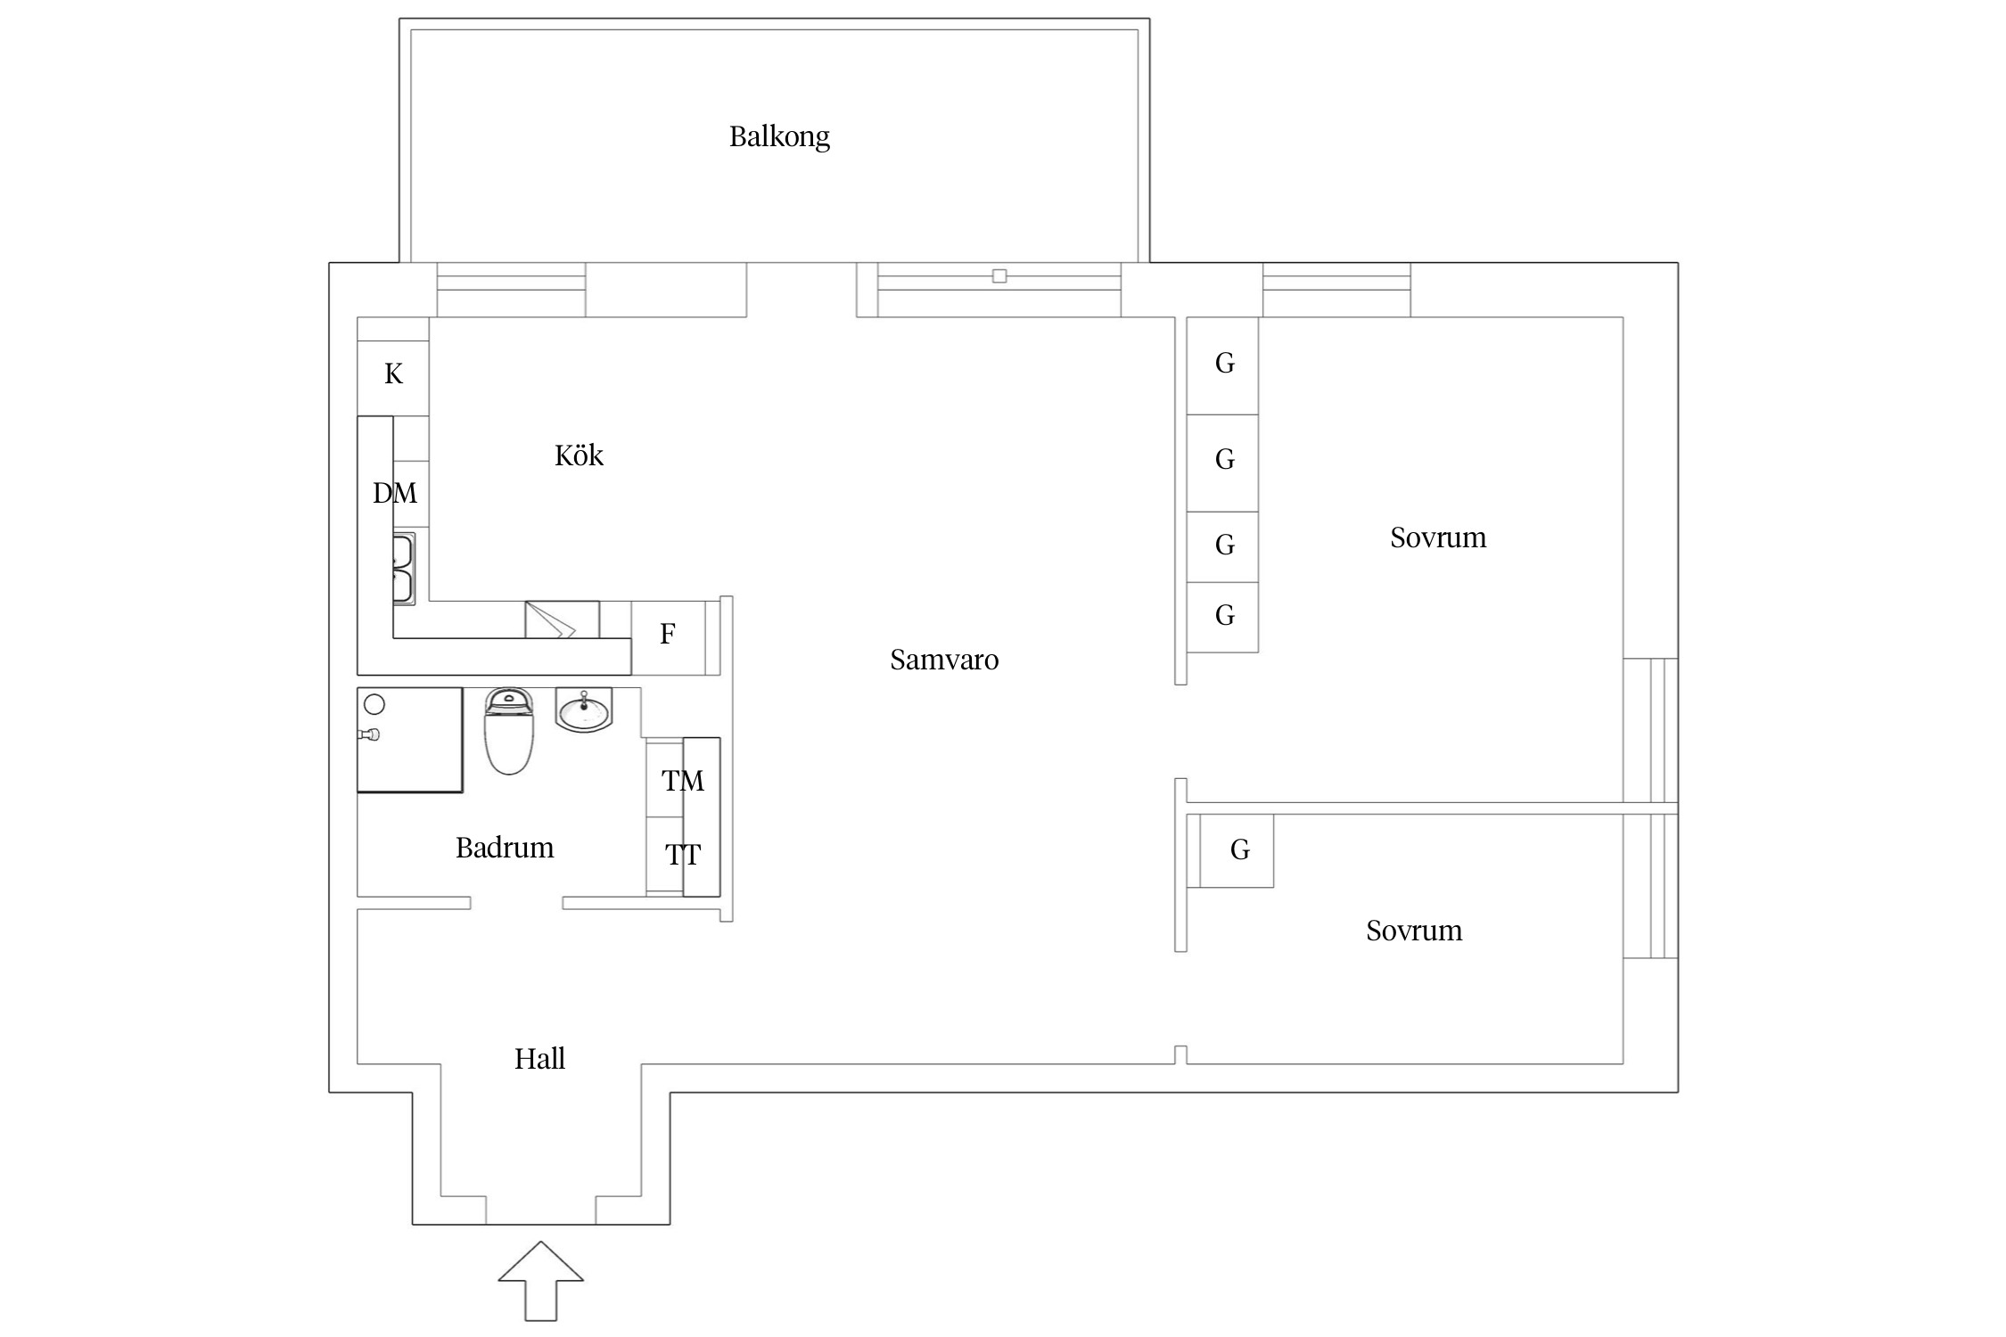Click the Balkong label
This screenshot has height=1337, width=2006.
point(779,136)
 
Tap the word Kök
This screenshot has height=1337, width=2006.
point(579,455)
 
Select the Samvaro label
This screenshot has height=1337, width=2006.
point(944,660)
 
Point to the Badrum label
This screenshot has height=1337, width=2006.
point(505,847)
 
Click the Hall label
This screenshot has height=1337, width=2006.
point(539,1058)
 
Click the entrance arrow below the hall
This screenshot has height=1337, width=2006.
point(540,1280)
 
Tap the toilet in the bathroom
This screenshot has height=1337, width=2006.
point(509,731)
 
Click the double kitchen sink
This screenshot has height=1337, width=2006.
point(404,569)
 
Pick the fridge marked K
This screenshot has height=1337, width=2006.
point(393,373)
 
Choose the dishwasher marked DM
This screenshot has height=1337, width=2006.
point(395,493)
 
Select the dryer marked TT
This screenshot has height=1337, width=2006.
point(683,857)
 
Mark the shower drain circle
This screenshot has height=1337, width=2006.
point(374,704)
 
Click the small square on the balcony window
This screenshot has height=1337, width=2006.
point(999,276)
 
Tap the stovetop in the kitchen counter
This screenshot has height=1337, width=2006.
point(562,619)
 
